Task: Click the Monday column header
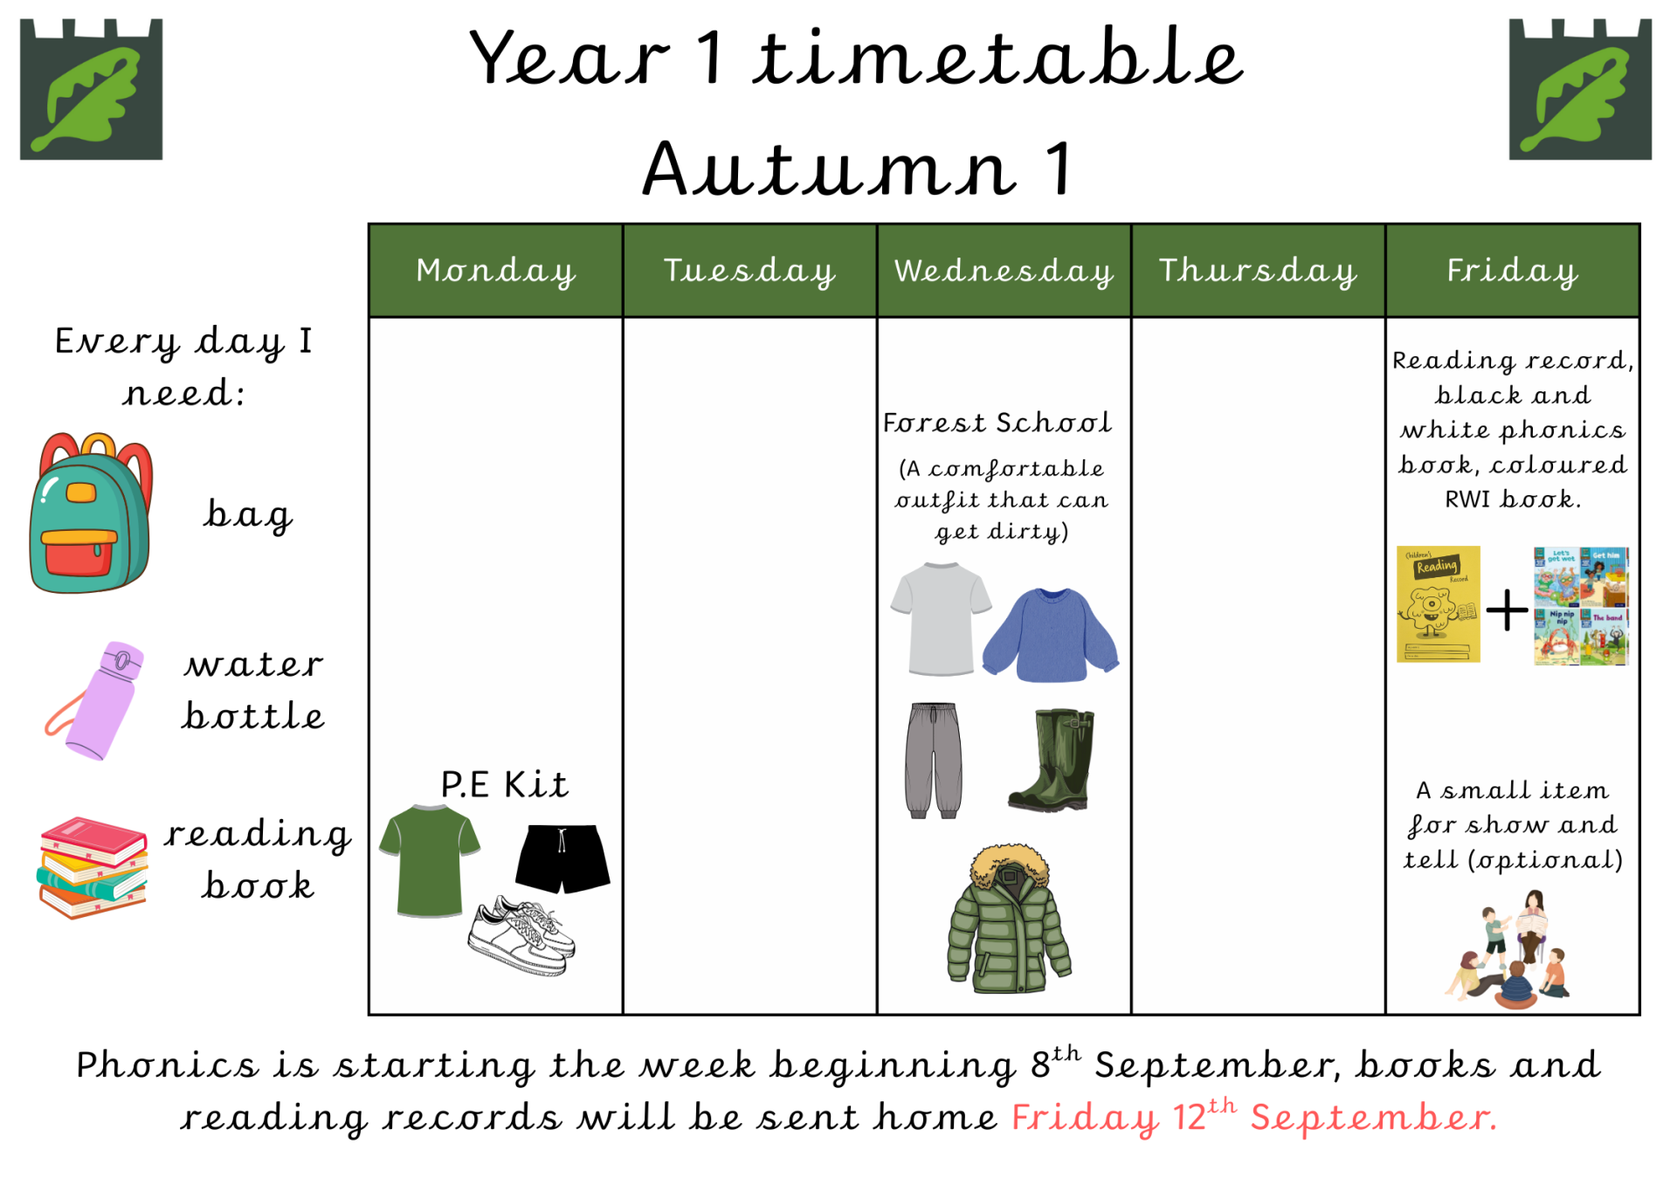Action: click(x=495, y=271)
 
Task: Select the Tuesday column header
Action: click(x=749, y=271)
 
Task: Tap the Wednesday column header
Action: click(x=1004, y=271)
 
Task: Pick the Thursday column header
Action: click(x=1258, y=271)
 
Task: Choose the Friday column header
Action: click(x=1512, y=271)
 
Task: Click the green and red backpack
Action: click(x=91, y=513)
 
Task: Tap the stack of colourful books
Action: click(x=93, y=867)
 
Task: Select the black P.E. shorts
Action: click(x=562, y=858)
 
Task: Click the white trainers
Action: click(x=522, y=934)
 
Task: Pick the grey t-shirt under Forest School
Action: click(x=941, y=619)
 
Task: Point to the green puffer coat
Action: click(x=1009, y=919)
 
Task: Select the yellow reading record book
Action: click(x=1438, y=604)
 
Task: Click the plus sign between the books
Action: click(x=1507, y=610)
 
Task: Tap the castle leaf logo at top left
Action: click(x=92, y=89)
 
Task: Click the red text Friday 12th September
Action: click(x=1254, y=1117)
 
